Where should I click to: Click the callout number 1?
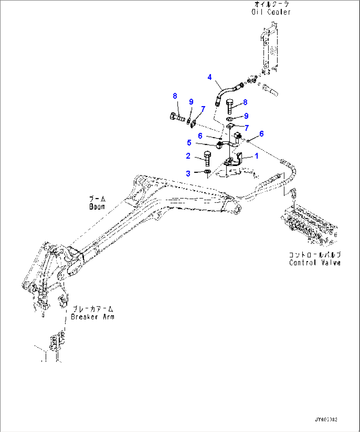click(256, 156)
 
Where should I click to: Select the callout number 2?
click(188, 156)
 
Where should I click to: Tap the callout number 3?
click(188, 173)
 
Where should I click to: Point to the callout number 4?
click(209, 77)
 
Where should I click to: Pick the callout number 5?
click(189, 142)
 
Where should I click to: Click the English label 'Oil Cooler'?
click(271, 12)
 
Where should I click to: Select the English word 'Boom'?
click(97, 207)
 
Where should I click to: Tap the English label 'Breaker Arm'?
click(92, 317)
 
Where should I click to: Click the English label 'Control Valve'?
click(314, 262)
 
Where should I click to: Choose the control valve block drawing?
click(309, 225)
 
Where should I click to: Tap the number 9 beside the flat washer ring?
click(246, 116)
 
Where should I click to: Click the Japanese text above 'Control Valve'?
click(314, 255)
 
